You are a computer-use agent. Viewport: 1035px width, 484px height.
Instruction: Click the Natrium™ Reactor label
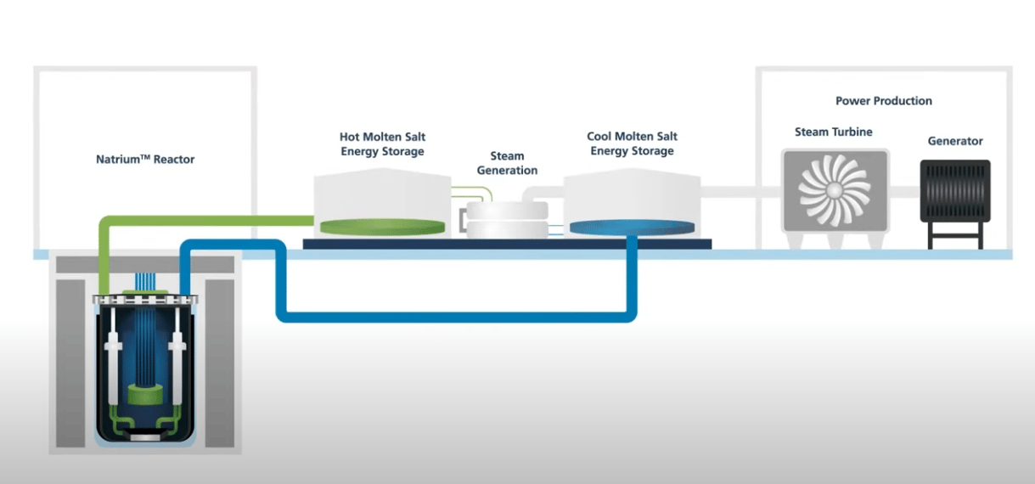click(x=145, y=159)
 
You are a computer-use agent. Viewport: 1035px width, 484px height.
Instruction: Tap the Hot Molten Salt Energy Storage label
click(x=382, y=144)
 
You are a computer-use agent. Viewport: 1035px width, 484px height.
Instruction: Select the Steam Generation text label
click(x=507, y=163)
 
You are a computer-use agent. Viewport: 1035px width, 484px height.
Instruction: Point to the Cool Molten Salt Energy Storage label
click(x=632, y=144)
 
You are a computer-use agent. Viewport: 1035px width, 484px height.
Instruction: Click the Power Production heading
click(x=883, y=101)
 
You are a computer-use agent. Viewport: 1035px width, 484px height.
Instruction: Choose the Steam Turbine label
click(x=833, y=132)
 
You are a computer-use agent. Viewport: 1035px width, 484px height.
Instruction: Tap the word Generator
click(x=954, y=141)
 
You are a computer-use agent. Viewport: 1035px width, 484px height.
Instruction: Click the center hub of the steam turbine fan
click(x=835, y=190)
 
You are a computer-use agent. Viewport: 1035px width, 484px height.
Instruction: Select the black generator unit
click(x=954, y=191)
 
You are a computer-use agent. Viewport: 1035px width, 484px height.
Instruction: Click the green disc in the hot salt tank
click(x=381, y=227)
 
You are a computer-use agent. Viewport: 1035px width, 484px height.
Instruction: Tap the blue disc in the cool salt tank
click(x=633, y=227)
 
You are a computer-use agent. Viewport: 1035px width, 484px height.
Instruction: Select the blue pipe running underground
click(x=458, y=317)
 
